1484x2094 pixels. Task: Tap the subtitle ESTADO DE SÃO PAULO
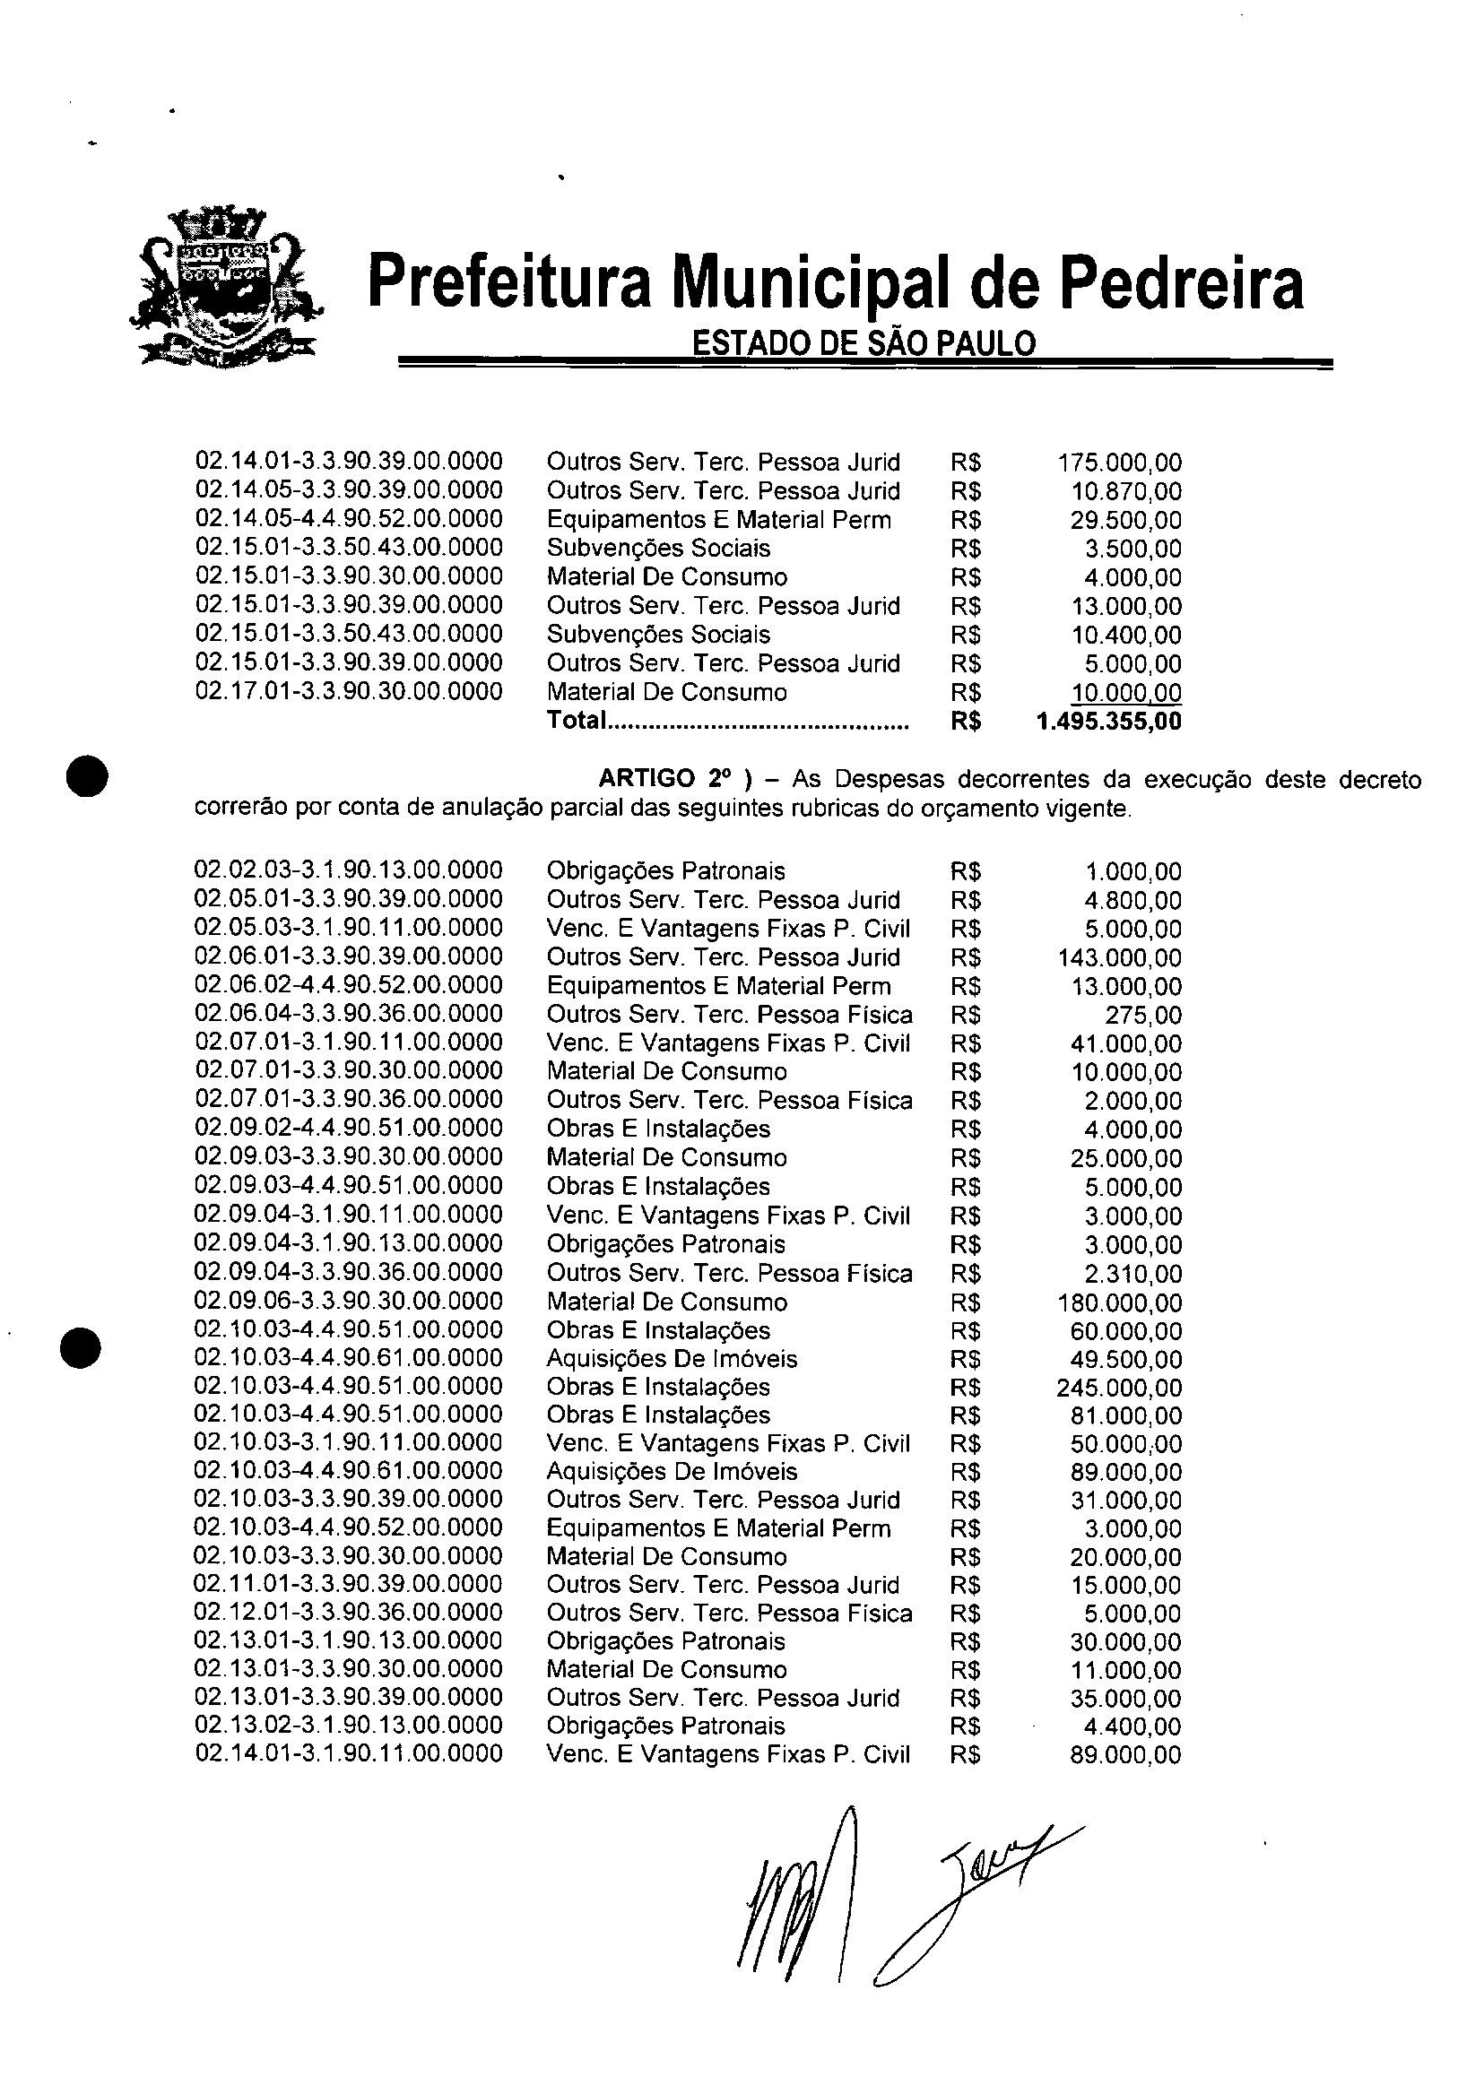[863, 343]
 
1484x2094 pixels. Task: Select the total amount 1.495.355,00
[1109, 722]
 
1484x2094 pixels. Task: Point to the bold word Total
[577, 721]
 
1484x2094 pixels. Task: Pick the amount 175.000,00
[1119, 463]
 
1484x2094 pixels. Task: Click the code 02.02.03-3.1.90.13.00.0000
[349, 870]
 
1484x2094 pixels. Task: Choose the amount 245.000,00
[1119, 1389]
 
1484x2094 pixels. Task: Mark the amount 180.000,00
[1119, 1302]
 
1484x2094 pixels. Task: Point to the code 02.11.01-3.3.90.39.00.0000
[349, 1585]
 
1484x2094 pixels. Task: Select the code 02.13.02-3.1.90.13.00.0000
[349, 1726]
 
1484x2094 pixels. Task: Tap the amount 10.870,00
[1126, 491]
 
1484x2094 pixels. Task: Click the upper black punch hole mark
[88, 776]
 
